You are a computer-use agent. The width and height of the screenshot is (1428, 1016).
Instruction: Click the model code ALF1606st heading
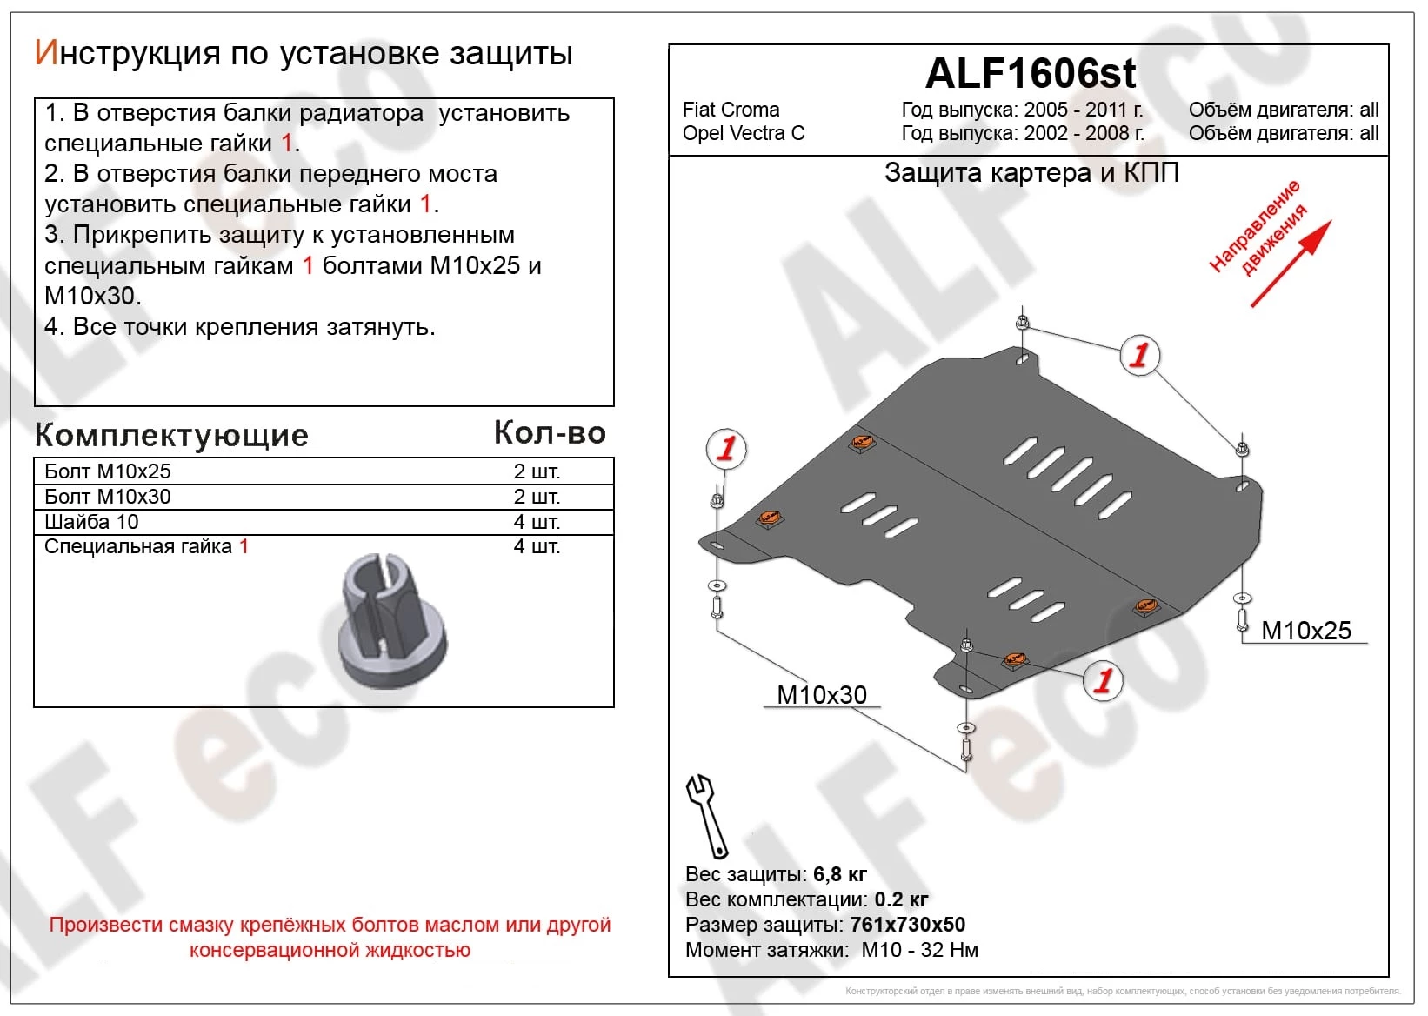click(1030, 73)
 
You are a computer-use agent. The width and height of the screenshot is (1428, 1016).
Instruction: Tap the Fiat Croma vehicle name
click(731, 110)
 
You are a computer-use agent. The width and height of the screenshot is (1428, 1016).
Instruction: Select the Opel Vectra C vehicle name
click(744, 133)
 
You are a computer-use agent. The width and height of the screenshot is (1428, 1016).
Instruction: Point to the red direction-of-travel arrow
click(1291, 264)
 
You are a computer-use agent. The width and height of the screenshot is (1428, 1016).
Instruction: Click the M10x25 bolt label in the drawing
click(1305, 631)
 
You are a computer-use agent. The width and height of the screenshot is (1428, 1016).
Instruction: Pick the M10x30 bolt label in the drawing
click(821, 695)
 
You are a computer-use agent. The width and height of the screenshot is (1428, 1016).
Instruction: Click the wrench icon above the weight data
click(706, 815)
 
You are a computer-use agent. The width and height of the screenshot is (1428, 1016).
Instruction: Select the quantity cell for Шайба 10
click(536, 522)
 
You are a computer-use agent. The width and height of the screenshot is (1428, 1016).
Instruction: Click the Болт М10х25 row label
click(108, 471)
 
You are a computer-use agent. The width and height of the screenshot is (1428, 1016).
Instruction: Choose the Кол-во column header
click(549, 432)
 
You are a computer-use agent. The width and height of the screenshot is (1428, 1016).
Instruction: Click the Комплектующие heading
click(171, 435)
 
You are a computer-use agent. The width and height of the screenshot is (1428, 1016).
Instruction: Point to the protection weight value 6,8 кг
click(839, 874)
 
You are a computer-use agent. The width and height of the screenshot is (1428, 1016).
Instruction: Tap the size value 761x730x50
click(907, 925)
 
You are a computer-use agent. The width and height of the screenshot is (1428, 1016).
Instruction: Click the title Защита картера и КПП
click(1031, 173)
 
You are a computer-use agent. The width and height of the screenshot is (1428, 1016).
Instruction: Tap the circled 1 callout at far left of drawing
click(725, 449)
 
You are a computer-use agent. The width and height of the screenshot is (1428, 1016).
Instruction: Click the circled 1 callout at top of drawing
click(1139, 355)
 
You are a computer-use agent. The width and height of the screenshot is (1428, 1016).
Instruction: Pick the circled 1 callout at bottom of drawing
click(1103, 680)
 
